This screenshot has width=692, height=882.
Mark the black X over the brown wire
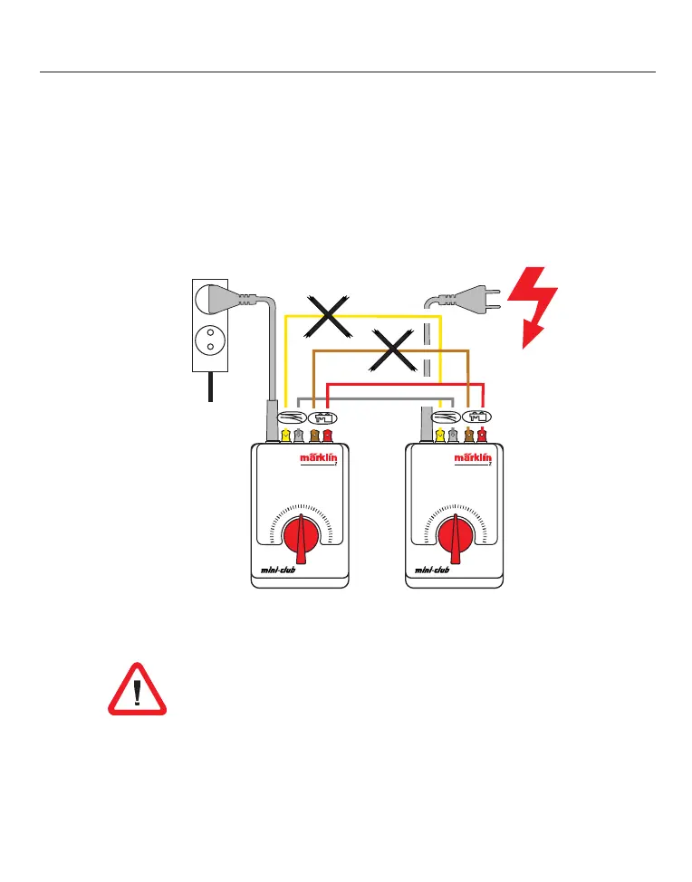click(393, 350)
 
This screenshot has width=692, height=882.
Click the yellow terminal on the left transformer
click(285, 436)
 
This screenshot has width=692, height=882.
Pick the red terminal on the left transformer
click(328, 436)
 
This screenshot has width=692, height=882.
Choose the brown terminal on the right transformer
click(468, 436)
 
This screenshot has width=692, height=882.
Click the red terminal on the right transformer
click(482, 436)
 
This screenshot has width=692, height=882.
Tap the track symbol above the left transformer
click(292, 417)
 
